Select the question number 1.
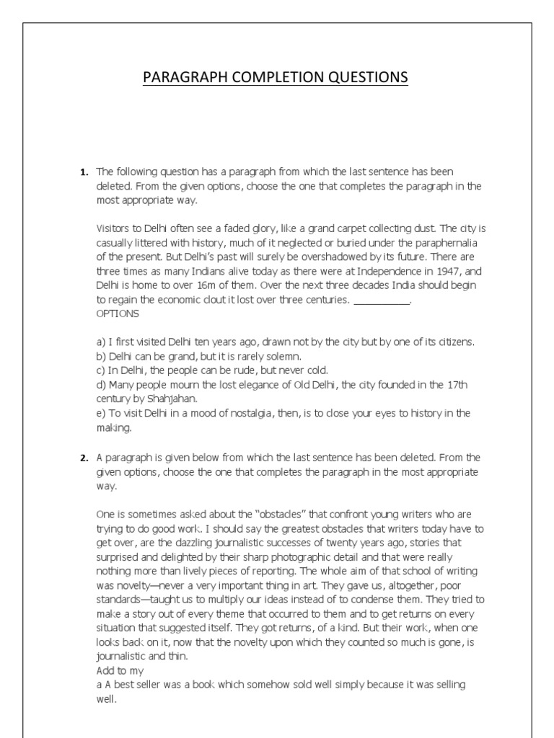coord(84,172)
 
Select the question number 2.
coord(84,458)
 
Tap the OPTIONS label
coord(118,314)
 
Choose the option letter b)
coord(100,356)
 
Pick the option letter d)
coord(100,385)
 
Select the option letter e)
coord(100,413)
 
